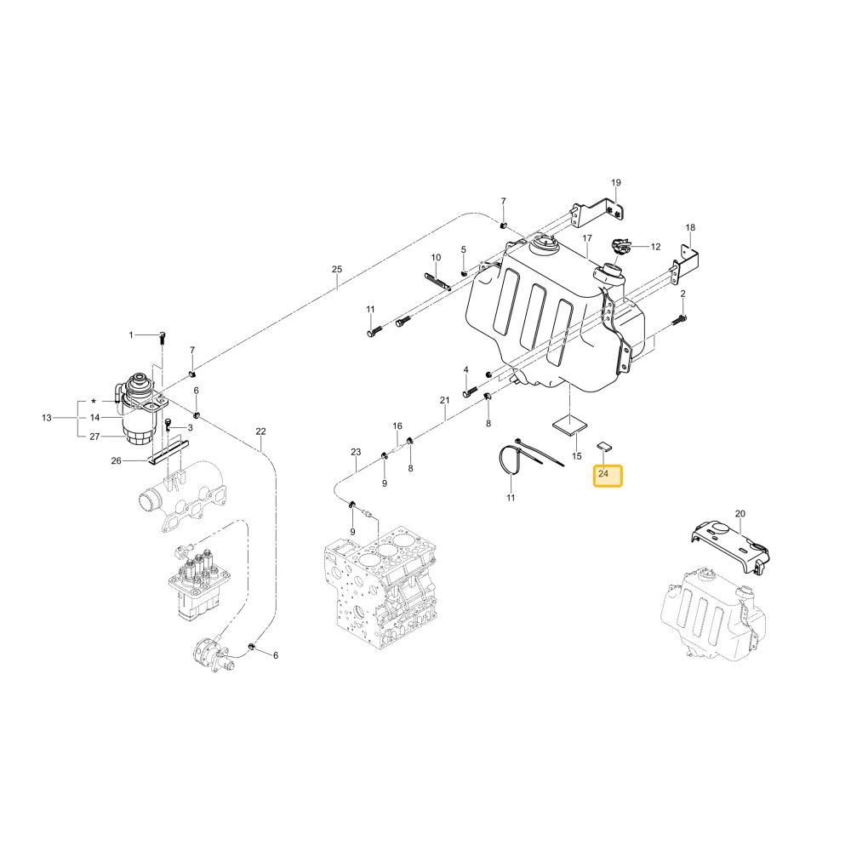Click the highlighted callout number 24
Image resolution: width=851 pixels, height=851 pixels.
pos(603,474)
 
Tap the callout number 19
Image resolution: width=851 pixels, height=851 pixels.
pos(615,183)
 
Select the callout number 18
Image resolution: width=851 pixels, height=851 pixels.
pos(690,227)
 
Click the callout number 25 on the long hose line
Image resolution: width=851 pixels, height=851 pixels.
pos(337,269)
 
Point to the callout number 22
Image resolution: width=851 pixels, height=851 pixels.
pos(260,431)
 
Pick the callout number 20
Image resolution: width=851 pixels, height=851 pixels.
pos(740,513)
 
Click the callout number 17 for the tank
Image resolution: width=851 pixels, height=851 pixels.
pos(587,238)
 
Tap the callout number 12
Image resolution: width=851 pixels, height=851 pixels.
pos(655,247)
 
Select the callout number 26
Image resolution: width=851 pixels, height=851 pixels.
pos(116,460)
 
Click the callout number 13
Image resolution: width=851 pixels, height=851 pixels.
pos(47,418)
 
